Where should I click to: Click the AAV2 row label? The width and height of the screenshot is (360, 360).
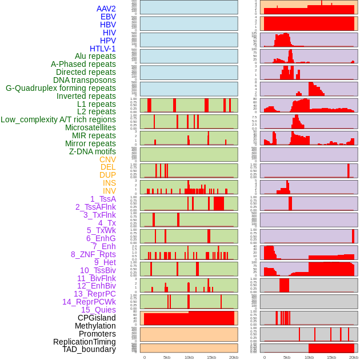click(106, 9)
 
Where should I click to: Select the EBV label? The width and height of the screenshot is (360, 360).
click(108, 17)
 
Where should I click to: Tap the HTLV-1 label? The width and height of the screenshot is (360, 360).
click(102, 49)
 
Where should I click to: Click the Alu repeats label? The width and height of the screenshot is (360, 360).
click(95, 57)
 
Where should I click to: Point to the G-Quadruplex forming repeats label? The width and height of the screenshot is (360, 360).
click(61, 88)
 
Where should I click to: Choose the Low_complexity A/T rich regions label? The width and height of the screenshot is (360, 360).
click(58, 119)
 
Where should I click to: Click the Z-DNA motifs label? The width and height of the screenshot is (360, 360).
click(92, 151)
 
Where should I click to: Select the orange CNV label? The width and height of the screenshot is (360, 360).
click(107, 159)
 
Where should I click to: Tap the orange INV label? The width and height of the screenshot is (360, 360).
click(109, 191)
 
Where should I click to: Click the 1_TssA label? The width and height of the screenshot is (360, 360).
click(103, 199)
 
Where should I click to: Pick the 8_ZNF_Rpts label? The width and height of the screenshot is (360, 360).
click(93, 254)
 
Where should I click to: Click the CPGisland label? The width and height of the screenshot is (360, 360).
click(97, 318)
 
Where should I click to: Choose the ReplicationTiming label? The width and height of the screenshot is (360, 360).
click(84, 342)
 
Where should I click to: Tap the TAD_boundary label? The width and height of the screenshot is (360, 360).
click(89, 349)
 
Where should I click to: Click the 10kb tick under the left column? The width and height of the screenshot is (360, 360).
click(189, 357)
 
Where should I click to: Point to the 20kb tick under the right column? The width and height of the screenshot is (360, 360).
click(354, 357)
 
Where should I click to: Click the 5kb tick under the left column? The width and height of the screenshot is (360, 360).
click(167, 357)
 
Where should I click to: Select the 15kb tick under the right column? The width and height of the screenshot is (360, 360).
click(331, 357)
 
